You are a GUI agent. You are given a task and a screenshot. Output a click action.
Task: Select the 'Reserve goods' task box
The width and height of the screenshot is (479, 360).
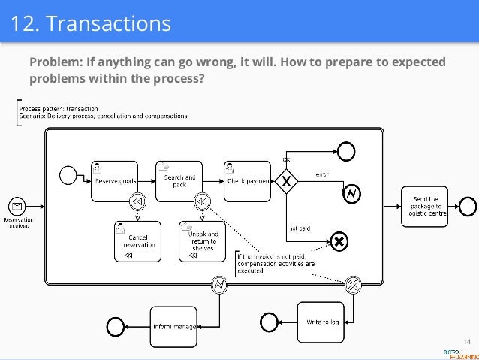pyautogui.click(x=114, y=180)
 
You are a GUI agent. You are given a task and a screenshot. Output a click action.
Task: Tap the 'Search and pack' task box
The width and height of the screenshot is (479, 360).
pyautogui.click(x=179, y=180)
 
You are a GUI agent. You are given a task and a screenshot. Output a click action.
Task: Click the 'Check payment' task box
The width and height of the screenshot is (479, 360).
pyautogui.click(x=246, y=180)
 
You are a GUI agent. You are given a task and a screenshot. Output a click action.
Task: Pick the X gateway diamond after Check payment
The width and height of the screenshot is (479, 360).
pyautogui.click(x=285, y=181)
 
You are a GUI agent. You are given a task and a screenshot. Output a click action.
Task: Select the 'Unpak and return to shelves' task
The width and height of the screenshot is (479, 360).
pyautogui.click(x=200, y=241)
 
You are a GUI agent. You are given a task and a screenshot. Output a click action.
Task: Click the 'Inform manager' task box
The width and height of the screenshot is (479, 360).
pyautogui.click(x=174, y=325)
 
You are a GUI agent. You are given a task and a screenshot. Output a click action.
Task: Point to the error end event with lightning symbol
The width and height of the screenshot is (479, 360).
pyautogui.click(x=351, y=195)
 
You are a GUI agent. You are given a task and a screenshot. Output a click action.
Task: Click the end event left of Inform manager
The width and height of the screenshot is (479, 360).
pyautogui.click(x=116, y=325)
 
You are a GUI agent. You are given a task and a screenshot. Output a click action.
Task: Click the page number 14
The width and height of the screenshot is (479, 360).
pyautogui.click(x=466, y=343)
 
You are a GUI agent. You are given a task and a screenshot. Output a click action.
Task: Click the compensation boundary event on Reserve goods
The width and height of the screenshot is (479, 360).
pyautogui.click(x=137, y=201)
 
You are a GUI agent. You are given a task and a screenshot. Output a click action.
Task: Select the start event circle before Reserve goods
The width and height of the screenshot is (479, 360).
pyautogui.click(x=69, y=176)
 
